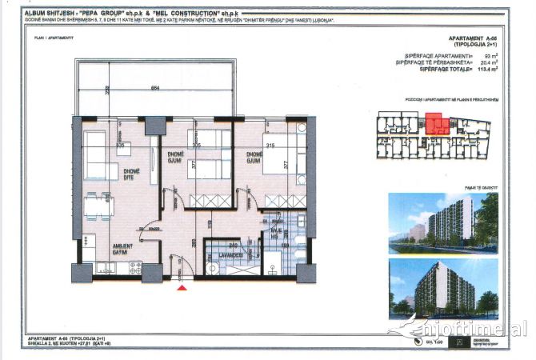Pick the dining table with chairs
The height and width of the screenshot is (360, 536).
click(98, 206)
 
